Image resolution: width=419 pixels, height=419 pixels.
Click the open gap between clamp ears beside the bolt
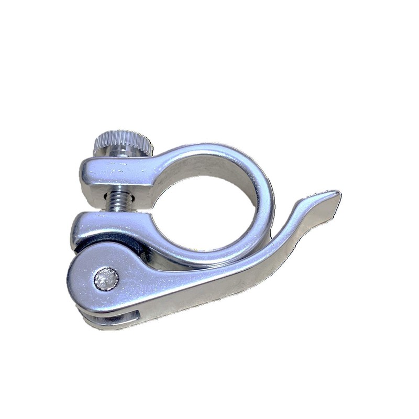click(141, 202)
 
